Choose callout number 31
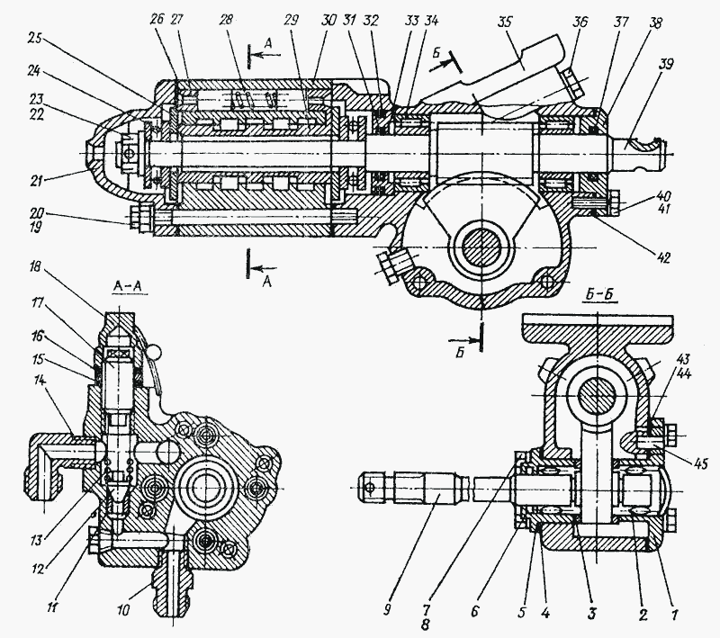point(350,18)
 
